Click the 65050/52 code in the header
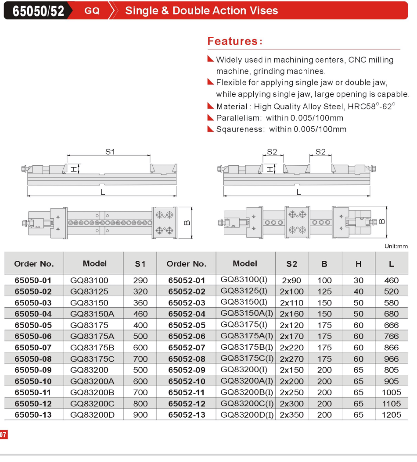(x=38, y=11)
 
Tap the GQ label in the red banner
(x=92, y=11)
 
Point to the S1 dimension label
(x=110, y=152)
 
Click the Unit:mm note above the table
(x=396, y=246)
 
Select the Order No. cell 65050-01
(x=33, y=280)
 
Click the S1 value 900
(x=140, y=415)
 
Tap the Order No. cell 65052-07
(x=187, y=348)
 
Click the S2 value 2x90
(x=291, y=280)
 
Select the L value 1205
(x=391, y=415)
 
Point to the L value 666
(x=391, y=325)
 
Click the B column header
(x=324, y=264)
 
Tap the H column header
(x=359, y=264)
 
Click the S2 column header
(x=291, y=264)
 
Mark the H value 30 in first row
(x=359, y=280)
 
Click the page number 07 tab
(x=4, y=435)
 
